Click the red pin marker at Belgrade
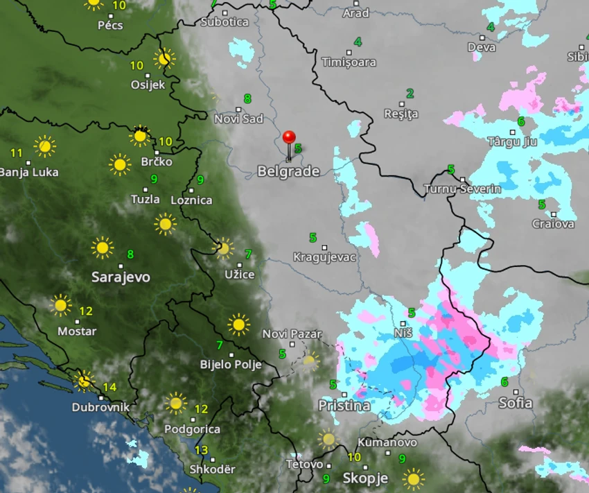click(x=289, y=137)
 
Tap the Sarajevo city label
click(x=121, y=277)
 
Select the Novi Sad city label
click(x=238, y=119)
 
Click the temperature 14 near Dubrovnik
click(x=109, y=387)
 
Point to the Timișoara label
click(x=349, y=62)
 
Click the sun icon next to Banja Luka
click(x=45, y=146)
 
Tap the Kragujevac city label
click(x=324, y=257)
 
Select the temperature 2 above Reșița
click(x=410, y=94)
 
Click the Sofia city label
click(x=515, y=403)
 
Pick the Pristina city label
click(x=344, y=405)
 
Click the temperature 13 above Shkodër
click(x=201, y=451)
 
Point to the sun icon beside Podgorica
click(x=175, y=403)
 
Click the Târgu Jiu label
click(x=512, y=141)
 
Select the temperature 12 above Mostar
click(x=86, y=311)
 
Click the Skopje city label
click(x=364, y=478)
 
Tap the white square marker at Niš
click(x=403, y=323)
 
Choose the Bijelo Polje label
click(x=231, y=364)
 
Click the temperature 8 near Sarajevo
click(x=130, y=254)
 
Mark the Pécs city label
click(x=110, y=25)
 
